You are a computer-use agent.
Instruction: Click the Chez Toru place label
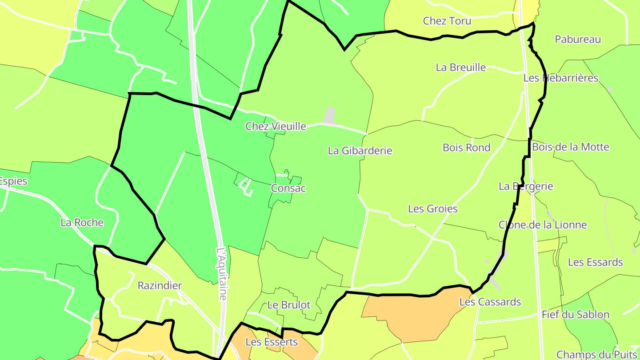447,21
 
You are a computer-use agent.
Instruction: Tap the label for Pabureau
578,39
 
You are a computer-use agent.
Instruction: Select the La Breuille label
460,68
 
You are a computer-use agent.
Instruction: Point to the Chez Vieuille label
276,126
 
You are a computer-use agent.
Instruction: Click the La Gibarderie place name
360,151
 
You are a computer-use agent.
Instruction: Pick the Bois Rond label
466,148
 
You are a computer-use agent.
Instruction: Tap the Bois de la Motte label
570,147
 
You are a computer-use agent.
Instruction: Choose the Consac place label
288,188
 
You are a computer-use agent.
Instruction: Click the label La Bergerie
526,186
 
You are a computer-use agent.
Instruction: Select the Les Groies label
432,208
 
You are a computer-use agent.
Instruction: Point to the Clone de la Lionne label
543,225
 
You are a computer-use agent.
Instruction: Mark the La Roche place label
82,223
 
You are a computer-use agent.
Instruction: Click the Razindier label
160,285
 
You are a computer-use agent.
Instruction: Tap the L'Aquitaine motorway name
222,273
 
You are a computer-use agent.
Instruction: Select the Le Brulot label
289,305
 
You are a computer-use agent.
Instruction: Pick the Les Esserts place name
271,342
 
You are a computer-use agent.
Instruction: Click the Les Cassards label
490,302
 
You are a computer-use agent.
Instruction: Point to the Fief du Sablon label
575,315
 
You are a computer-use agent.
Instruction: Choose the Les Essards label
595,262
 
